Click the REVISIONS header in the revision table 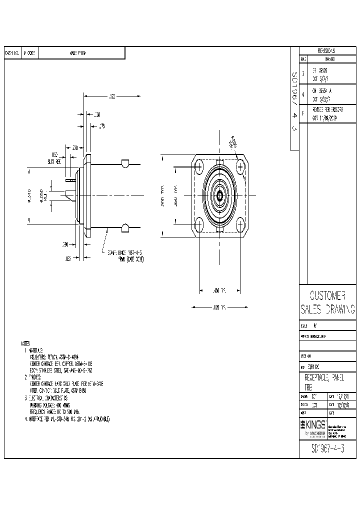[x=326, y=51]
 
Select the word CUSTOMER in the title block [x=327, y=295]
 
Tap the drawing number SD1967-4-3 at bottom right [x=327, y=448]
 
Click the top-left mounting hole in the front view [x=199, y=165]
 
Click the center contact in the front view [x=219, y=195]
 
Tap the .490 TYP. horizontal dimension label [x=220, y=290]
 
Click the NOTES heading [x=25, y=344]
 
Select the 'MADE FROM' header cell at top [x=78, y=52]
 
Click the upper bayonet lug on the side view [x=125, y=163]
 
